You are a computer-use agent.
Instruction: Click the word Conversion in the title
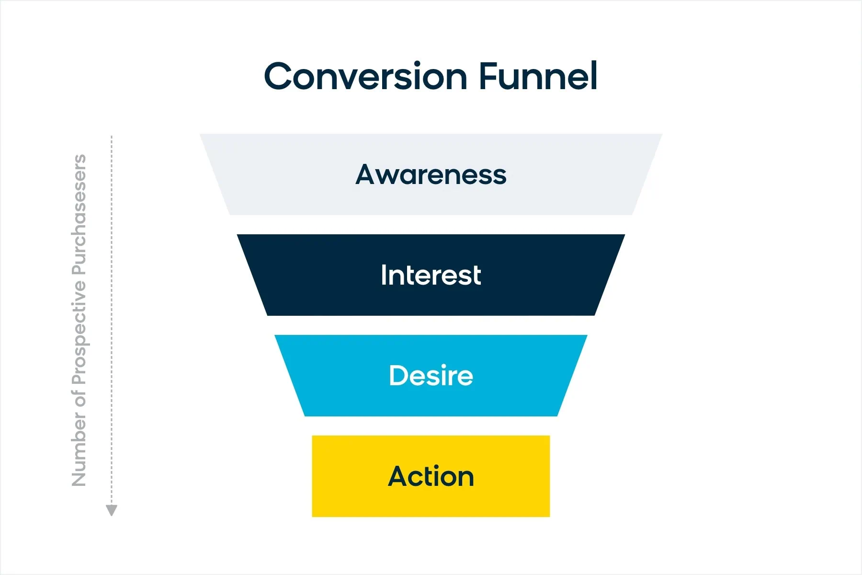click(365, 77)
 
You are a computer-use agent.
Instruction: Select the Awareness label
click(431, 174)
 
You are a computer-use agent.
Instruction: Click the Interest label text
click(431, 275)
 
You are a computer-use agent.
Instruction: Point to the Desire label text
click(431, 375)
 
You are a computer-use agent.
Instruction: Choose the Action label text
click(431, 476)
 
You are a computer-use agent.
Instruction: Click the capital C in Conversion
click(279, 77)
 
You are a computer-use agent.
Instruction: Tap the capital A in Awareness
click(366, 174)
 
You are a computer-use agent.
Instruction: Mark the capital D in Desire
click(399, 375)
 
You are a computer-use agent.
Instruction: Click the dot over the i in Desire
click(443, 365)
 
